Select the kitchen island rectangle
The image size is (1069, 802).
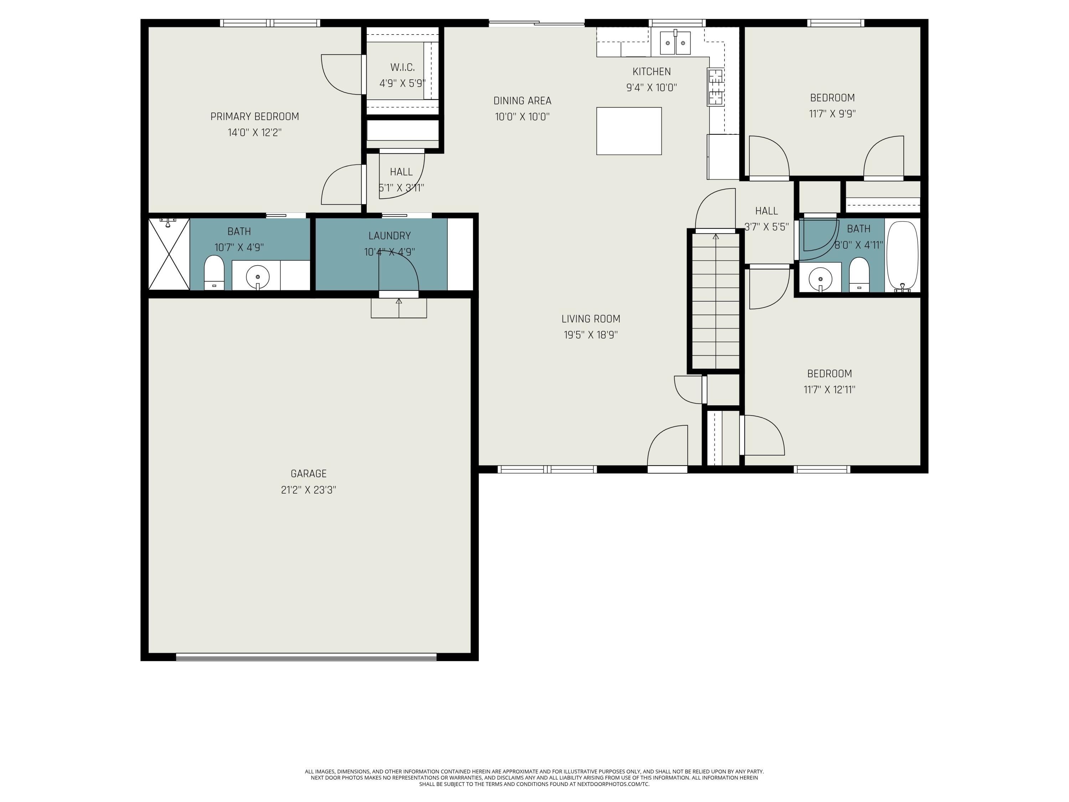tap(628, 131)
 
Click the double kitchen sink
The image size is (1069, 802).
tap(675, 43)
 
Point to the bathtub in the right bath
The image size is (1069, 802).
tap(902, 256)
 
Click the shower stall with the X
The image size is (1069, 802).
tap(168, 254)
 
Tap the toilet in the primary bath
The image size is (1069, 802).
tap(214, 272)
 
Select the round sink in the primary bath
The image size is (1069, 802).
tap(258, 277)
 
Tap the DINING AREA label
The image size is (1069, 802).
tap(522, 101)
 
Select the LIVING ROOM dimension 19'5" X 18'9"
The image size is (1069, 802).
tap(590, 335)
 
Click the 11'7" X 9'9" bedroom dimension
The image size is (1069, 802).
tap(832, 114)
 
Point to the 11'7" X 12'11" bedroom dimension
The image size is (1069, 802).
tap(829, 389)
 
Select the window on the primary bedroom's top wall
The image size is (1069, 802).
tap(270, 23)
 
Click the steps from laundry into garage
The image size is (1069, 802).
tap(399, 308)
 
